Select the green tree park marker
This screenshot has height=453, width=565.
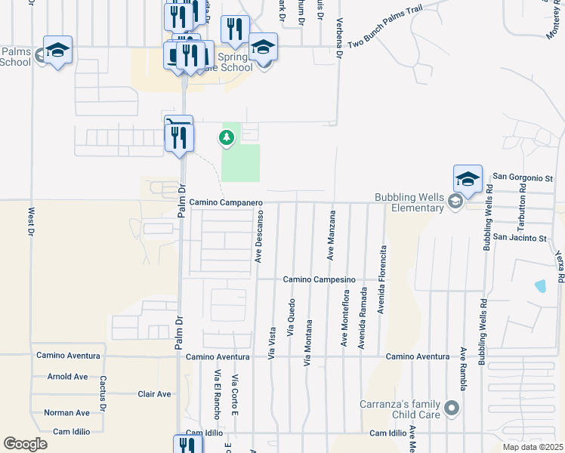tap(226, 137)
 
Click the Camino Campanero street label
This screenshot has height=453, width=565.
tap(225, 202)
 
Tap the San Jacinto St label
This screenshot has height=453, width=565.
tap(519, 238)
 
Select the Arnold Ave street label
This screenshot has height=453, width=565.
tap(67, 376)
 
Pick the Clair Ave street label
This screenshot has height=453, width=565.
tap(154, 394)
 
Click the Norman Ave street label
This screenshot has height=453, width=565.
tap(66, 413)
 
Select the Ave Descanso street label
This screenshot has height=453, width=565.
tap(258, 236)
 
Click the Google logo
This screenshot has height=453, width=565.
tap(25, 444)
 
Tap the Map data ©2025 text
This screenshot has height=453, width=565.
tap(533, 447)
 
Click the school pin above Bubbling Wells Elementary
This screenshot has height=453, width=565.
tap(468, 180)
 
